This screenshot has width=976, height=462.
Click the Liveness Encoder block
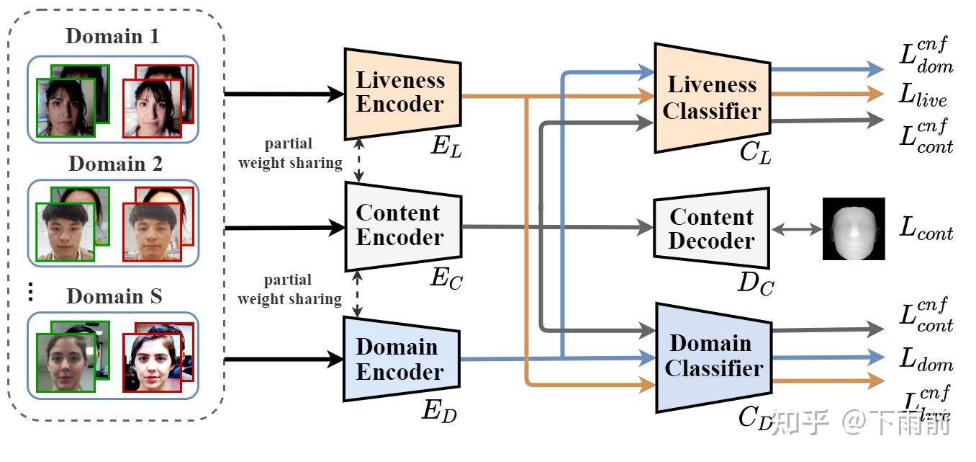coord(402,93)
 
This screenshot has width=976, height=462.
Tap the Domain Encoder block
coord(400,359)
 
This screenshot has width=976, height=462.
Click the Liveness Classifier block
coord(711,97)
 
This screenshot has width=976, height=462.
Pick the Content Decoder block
coord(711,228)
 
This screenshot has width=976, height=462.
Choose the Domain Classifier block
coord(713,356)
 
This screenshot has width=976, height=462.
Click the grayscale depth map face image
coord(854,228)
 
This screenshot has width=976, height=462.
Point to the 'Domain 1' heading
coord(112,36)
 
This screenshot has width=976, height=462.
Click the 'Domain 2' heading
coord(115,164)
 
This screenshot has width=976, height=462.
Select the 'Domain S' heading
coord(114,296)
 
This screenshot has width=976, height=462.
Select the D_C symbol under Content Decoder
coord(755,284)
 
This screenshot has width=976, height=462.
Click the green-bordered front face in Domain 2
coord(65,231)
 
